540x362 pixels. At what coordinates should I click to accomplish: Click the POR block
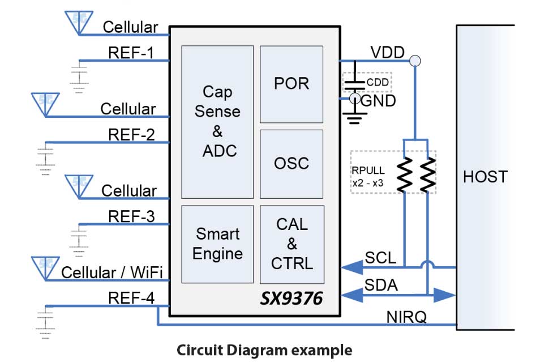[291, 84]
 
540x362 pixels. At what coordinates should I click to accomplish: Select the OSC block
[291, 164]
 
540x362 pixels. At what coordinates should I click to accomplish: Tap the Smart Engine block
[217, 244]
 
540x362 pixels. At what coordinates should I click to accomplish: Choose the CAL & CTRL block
[292, 244]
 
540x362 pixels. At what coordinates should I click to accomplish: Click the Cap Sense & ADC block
[217, 121]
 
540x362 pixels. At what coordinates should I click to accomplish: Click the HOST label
[485, 177]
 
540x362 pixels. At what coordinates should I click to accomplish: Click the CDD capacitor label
[378, 83]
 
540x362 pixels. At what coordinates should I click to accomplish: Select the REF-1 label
[131, 52]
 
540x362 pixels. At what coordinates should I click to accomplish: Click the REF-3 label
[131, 216]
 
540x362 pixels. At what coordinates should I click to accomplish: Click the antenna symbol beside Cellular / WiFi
[44, 266]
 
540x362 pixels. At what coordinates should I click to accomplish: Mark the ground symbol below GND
[355, 118]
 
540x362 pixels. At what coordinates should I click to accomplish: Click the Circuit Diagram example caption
[264, 350]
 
